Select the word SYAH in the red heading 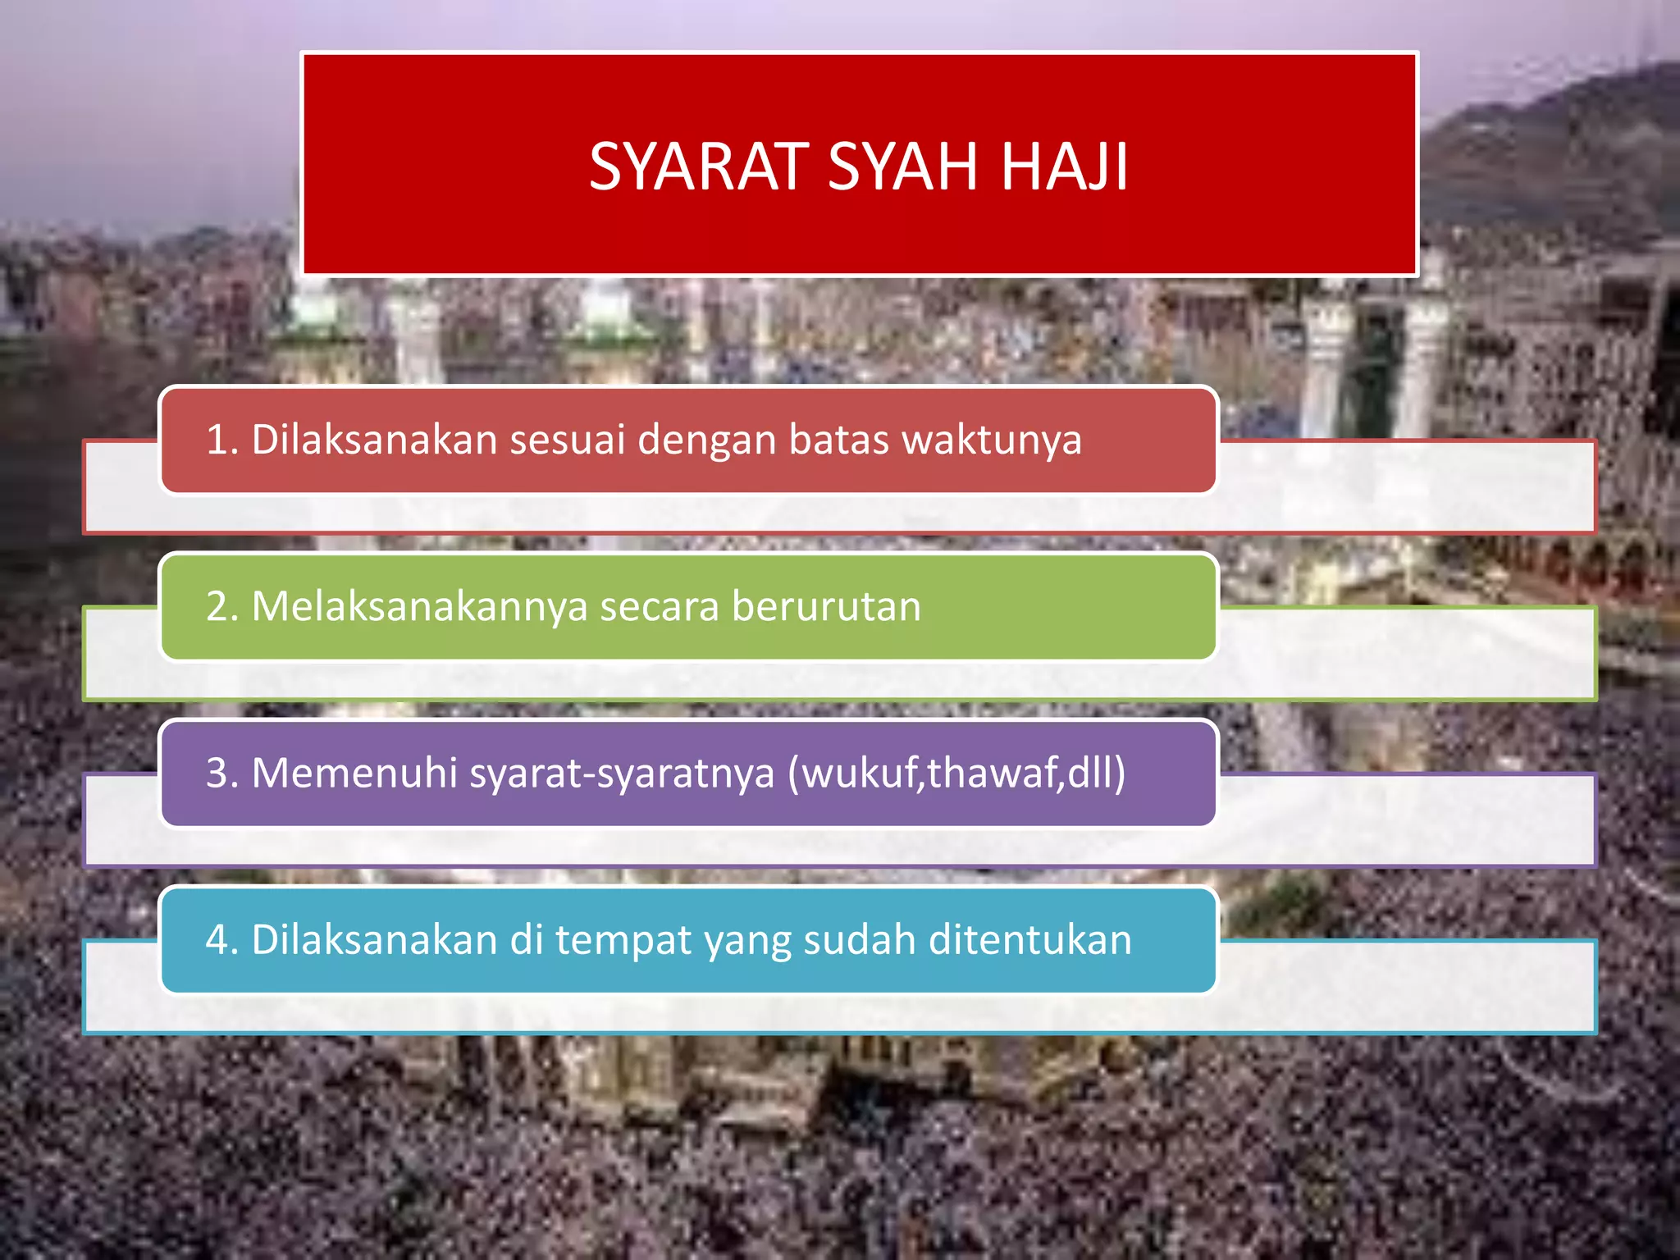coord(902,167)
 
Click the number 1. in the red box coord(222,440)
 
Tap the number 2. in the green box coord(222,607)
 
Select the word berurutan coord(825,607)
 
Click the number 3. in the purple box coord(222,774)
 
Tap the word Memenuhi coord(354,774)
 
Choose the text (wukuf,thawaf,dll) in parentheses coord(956,774)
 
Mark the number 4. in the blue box coord(222,940)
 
